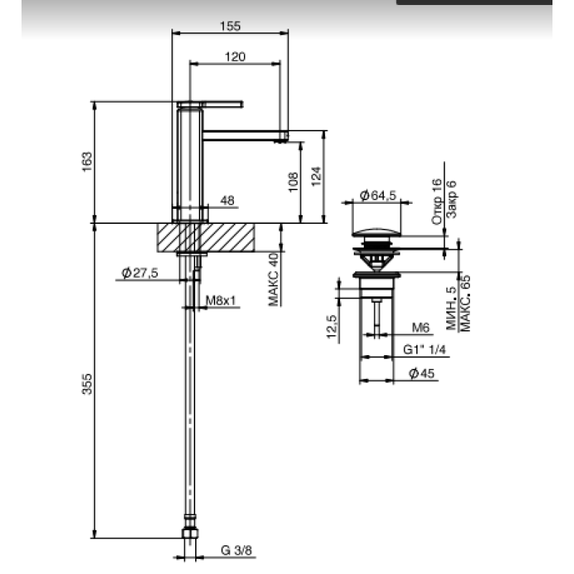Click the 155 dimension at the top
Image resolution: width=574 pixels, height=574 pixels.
[230, 27]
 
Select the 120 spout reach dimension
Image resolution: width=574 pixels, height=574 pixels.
[235, 57]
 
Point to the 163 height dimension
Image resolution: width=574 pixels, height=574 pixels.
[87, 162]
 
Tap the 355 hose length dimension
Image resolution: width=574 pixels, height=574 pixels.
[87, 384]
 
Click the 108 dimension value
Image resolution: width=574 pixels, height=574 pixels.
[293, 182]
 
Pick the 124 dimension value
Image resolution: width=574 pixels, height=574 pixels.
[316, 176]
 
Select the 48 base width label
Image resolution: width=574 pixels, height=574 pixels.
[227, 200]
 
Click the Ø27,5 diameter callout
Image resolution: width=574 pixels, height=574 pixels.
[139, 273]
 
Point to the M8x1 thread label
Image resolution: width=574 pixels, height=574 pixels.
[221, 301]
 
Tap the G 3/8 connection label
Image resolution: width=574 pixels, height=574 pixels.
[236, 550]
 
